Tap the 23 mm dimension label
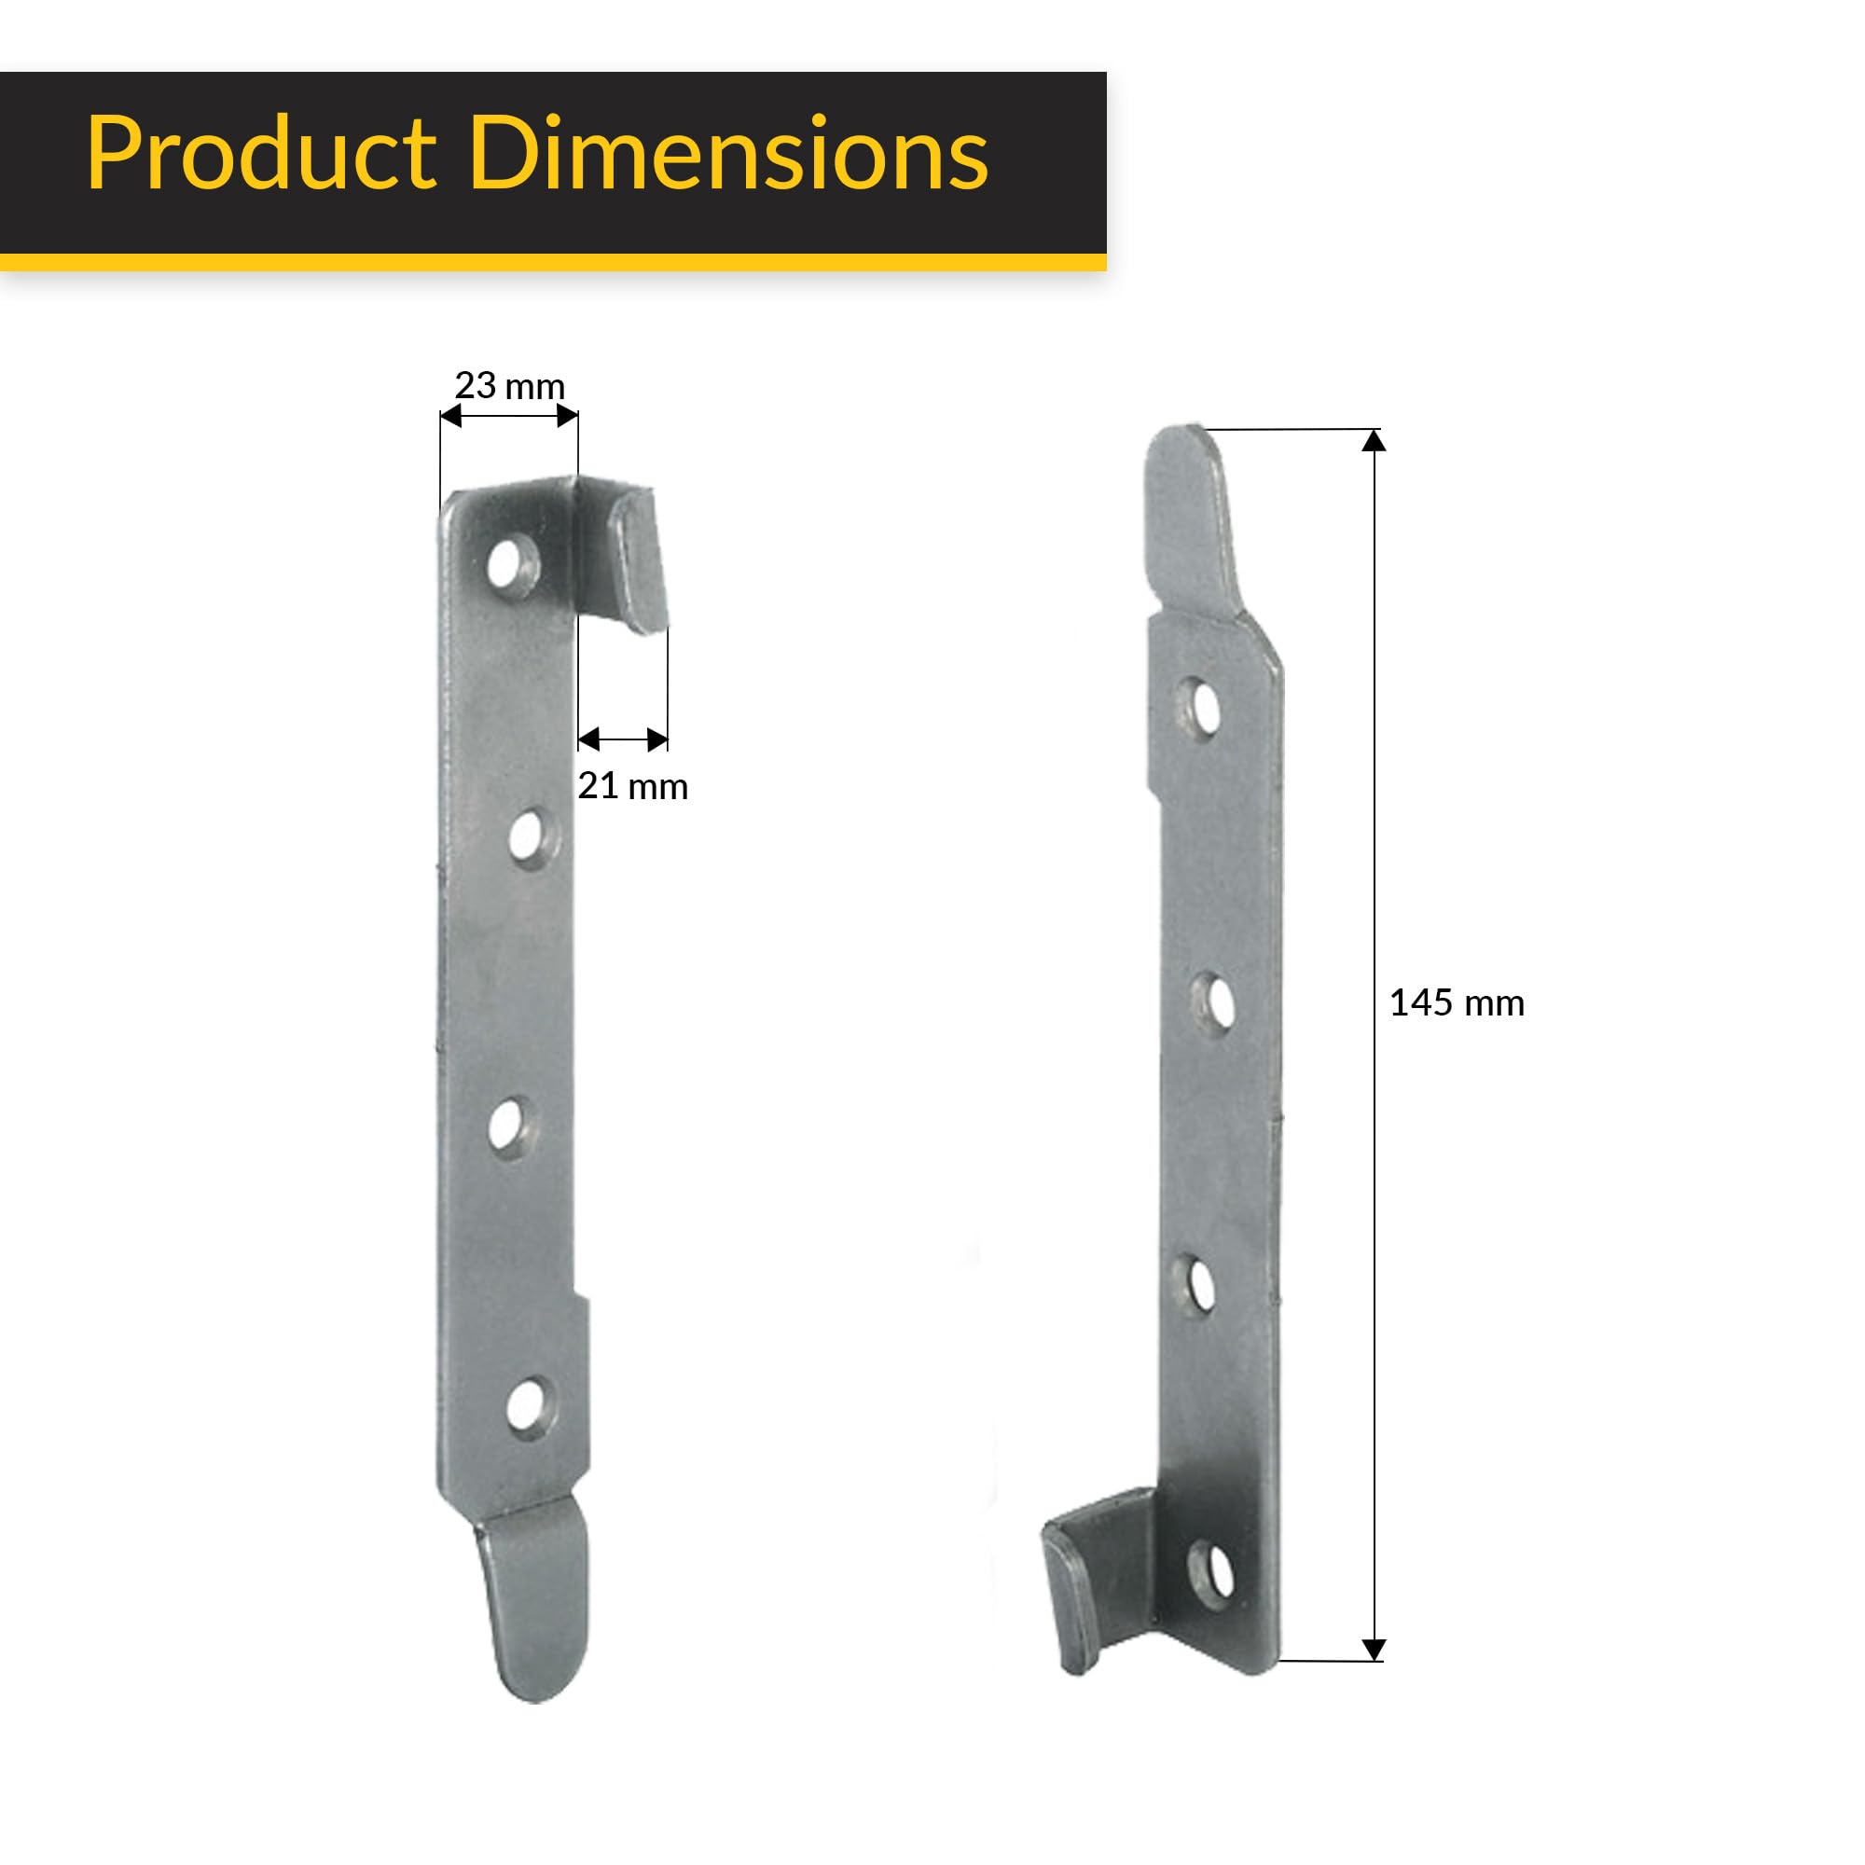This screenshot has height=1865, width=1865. click(x=509, y=386)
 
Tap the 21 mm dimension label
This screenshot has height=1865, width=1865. click(x=632, y=787)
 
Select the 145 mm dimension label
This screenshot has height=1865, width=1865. click(x=1456, y=1003)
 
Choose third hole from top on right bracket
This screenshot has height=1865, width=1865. click(x=1199, y=1284)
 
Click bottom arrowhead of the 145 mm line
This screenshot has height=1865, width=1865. click(x=1374, y=1650)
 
